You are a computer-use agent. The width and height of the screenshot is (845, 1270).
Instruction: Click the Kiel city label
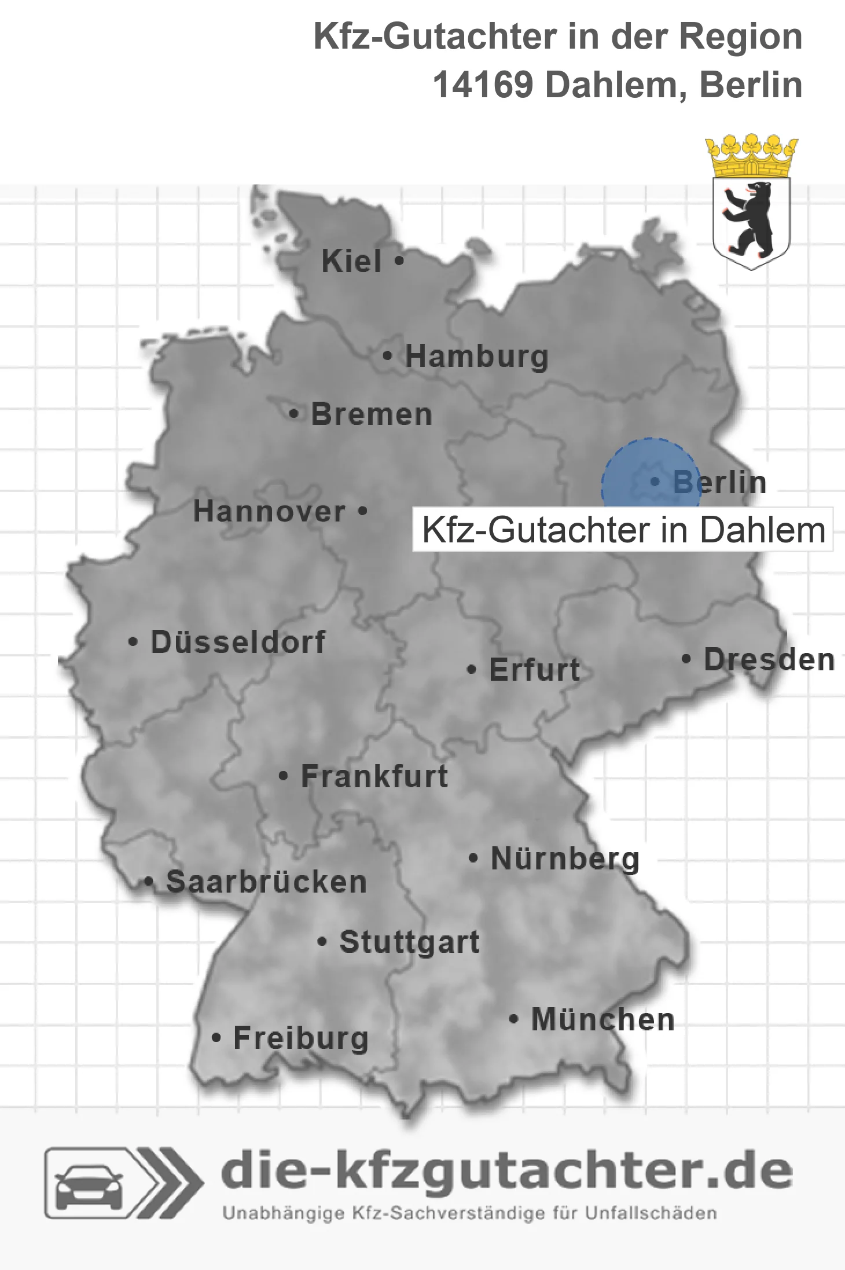tap(351, 261)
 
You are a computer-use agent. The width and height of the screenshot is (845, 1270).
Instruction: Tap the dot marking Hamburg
tap(387, 356)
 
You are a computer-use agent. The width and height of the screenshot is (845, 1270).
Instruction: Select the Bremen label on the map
tap(372, 414)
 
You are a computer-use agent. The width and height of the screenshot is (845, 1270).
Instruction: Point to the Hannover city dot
tap(363, 511)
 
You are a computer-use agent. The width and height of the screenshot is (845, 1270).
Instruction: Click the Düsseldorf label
tap(238, 642)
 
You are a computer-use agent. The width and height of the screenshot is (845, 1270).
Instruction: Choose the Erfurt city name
tap(534, 670)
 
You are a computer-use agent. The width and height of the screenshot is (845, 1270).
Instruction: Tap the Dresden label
tap(769, 660)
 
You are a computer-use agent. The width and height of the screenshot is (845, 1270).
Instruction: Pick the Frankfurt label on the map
tap(374, 776)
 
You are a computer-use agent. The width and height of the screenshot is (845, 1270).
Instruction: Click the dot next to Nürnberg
tap(473, 858)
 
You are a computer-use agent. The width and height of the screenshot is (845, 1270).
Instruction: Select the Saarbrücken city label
tap(266, 882)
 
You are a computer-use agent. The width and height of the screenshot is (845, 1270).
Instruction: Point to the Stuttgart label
tap(409, 942)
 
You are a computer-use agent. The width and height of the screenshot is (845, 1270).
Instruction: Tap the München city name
tap(602, 1019)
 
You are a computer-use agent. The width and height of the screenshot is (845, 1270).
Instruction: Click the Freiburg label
tap(301, 1038)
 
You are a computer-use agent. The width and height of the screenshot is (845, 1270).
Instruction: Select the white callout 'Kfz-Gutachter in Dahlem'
tap(623, 530)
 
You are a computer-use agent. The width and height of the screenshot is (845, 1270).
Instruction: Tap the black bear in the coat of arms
tap(751, 219)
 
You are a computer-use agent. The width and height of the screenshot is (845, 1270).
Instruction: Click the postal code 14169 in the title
tap(483, 85)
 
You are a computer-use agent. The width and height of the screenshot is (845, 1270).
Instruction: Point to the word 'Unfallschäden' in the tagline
tap(651, 1213)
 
